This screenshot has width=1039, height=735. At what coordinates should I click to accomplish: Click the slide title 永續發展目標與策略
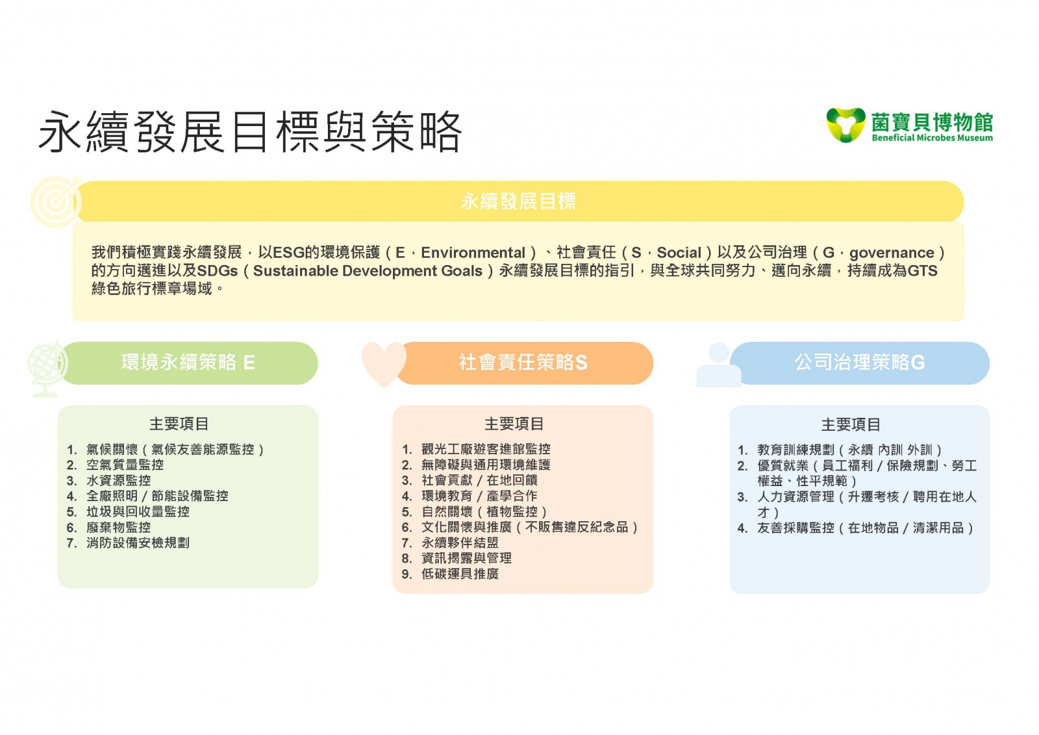[x=250, y=132]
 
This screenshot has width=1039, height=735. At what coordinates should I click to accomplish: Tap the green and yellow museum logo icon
[x=845, y=125]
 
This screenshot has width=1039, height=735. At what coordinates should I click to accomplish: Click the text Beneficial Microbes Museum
[x=932, y=138]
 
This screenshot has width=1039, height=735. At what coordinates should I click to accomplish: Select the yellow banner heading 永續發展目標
[x=518, y=201]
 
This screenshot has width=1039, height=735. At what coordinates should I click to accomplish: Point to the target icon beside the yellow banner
[x=56, y=201]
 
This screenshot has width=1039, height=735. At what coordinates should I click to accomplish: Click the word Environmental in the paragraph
[x=473, y=253]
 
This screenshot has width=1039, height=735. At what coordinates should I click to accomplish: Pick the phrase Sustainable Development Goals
[x=368, y=271]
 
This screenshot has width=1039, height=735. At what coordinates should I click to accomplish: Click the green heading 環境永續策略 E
[x=188, y=363]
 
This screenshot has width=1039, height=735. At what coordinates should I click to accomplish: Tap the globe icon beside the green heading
[x=47, y=370]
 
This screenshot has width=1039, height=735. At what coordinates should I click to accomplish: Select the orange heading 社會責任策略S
[x=523, y=363]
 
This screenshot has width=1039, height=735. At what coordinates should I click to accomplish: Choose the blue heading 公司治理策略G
[x=860, y=363]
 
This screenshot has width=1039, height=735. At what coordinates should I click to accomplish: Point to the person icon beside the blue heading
[x=719, y=365]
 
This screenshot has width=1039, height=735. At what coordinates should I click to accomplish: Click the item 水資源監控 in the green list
[x=118, y=480]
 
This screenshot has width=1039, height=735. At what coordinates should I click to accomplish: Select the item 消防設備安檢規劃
[x=138, y=543]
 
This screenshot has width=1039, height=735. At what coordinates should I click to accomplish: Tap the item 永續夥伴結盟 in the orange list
[x=460, y=543]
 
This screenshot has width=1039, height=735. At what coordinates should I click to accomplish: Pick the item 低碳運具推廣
[x=460, y=574]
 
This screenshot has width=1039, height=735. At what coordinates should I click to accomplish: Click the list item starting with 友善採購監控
[x=865, y=528]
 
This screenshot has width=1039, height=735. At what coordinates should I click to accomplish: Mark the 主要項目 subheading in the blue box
[x=851, y=424]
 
